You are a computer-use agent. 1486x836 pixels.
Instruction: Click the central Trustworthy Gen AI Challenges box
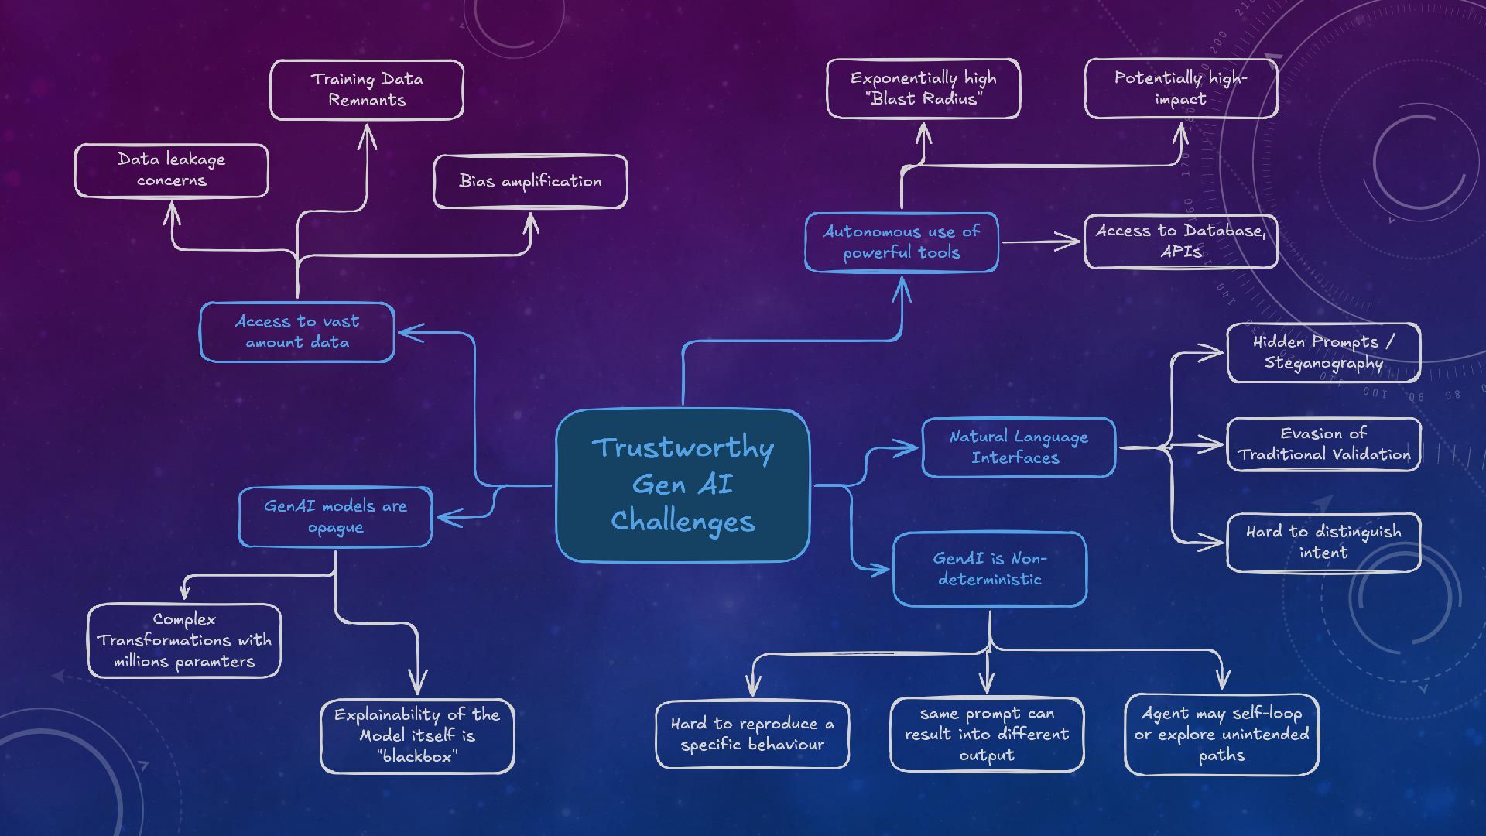pos(682,485)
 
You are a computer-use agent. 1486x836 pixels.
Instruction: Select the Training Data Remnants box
pos(366,90)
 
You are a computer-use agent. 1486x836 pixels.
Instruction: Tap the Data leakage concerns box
pos(171,170)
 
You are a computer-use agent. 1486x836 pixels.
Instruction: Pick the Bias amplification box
pos(530,181)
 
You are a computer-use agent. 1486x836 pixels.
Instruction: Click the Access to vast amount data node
pos(296,332)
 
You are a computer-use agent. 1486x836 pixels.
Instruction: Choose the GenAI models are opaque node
pos(335,517)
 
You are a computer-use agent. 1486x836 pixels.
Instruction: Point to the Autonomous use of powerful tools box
pos(901,242)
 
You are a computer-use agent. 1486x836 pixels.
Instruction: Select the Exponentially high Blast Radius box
pos(923,88)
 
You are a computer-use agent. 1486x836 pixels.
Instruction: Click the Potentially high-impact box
pos(1180,88)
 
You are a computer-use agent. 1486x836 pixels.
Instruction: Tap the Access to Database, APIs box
pos(1180,242)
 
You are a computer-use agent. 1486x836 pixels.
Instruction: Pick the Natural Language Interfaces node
pos(1018,447)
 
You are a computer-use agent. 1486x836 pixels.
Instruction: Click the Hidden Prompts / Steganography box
pos(1323,353)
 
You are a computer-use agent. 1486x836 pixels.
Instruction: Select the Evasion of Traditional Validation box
pos(1323,444)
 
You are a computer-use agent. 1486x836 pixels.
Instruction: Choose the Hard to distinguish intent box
pos(1323,542)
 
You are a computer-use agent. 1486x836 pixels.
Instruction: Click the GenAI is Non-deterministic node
pos(989,569)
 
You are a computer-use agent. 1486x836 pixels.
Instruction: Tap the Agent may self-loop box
pos(1221,734)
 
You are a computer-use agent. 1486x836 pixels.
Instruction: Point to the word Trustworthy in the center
pos(682,448)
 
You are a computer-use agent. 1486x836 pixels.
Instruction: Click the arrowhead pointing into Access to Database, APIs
pos(1072,242)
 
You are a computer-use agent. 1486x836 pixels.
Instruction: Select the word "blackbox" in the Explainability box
pos(417,757)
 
